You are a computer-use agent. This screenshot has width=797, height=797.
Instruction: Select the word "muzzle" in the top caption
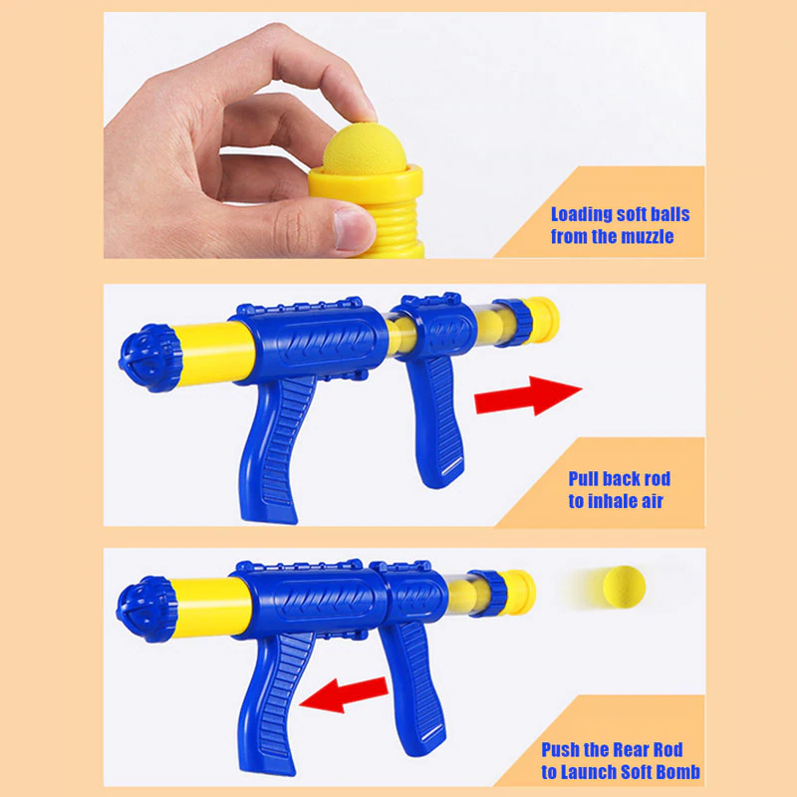tap(647, 236)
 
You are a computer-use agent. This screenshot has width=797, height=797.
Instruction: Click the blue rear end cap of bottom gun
tap(145, 609)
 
